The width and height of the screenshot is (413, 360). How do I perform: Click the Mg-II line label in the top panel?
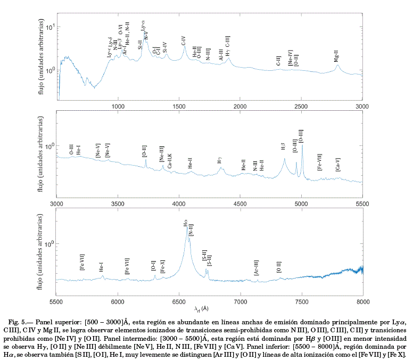tap(336, 56)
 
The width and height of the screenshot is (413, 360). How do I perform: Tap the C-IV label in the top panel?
tap(183, 40)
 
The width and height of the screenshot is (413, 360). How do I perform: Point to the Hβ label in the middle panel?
tap(283, 147)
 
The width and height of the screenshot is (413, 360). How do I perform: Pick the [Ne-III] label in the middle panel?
tap(162, 153)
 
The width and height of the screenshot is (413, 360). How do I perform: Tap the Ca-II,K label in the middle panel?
tap(170, 161)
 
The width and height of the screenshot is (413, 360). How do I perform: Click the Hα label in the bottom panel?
tap(185, 222)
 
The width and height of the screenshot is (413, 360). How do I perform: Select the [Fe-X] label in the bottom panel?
tap(162, 266)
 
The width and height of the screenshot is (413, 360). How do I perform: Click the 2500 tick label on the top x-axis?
tap(301, 107)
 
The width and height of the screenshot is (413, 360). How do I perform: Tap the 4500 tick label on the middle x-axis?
tap(240, 203)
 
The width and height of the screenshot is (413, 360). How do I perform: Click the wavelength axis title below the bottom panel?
tap(201, 309)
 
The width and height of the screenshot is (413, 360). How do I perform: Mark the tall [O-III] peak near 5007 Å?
tap(302, 145)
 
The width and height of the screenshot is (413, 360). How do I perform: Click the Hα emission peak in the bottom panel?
tap(187, 228)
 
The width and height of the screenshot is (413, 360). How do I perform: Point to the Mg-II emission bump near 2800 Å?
tap(337, 66)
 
